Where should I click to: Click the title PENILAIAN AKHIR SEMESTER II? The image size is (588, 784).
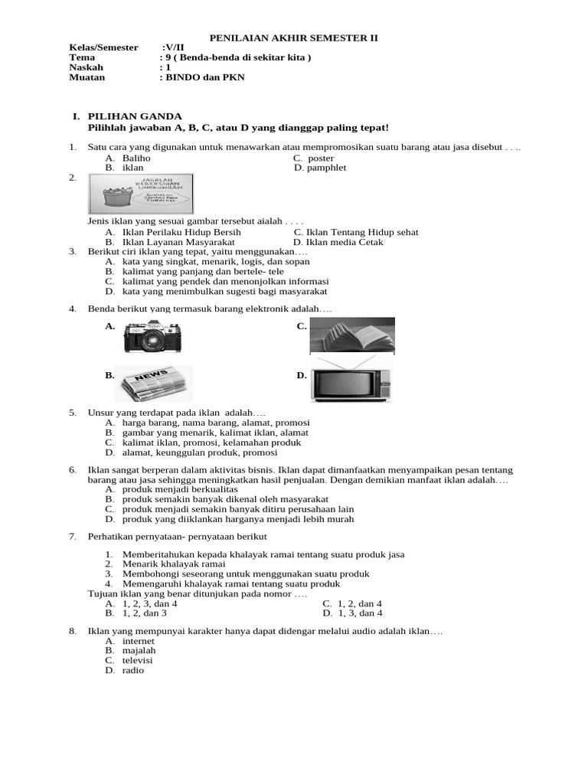tap(294, 38)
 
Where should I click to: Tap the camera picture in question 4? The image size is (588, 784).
tap(153, 336)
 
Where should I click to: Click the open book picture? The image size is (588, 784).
tap(352, 336)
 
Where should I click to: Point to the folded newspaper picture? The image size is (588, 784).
tap(153, 384)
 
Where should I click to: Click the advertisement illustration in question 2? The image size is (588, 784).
tap(140, 194)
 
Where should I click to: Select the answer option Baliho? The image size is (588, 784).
tap(136, 158)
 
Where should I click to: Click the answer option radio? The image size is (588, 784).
tap(132, 670)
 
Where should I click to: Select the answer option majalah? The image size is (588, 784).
tap(139, 650)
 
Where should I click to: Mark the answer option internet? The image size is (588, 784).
tap(138, 641)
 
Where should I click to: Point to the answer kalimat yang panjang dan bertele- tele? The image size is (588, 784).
tap(203, 271)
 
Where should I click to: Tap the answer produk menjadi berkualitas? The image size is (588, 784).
tap(180, 488)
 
